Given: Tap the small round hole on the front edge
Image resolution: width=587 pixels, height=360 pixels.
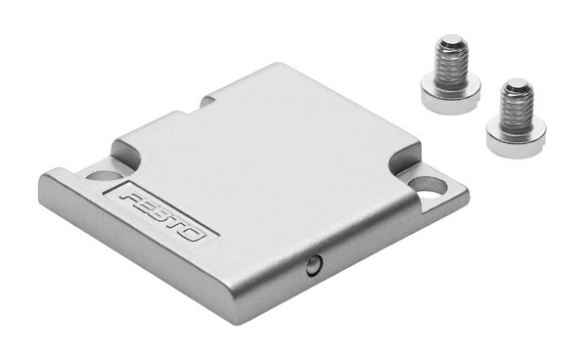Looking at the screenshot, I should [x=311, y=263].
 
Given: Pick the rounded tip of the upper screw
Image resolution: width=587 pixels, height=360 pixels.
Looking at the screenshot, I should [x=451, y=42].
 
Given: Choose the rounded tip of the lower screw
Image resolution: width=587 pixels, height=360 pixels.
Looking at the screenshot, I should [x=516, y=85].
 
